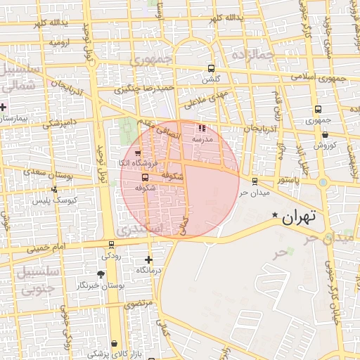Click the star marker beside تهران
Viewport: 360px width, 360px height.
pos(276,215)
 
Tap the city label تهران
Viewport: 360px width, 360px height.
pos(300,217)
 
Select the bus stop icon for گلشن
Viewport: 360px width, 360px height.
pos(212,69)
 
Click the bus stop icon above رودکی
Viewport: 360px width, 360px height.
pos(111,245)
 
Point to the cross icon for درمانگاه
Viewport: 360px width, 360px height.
pos(148,259)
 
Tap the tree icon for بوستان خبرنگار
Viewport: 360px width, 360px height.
pos(103,275)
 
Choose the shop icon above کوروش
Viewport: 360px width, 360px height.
pos(325,134)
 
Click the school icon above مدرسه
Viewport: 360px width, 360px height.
pos(203,129)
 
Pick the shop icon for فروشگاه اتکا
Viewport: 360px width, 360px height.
pos(137,153)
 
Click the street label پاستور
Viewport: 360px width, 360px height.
pos(287,181)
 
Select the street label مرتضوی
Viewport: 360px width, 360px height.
pos(139,304)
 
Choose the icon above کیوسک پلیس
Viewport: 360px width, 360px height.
pos(54,189)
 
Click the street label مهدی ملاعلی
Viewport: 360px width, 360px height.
pos(205,98)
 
